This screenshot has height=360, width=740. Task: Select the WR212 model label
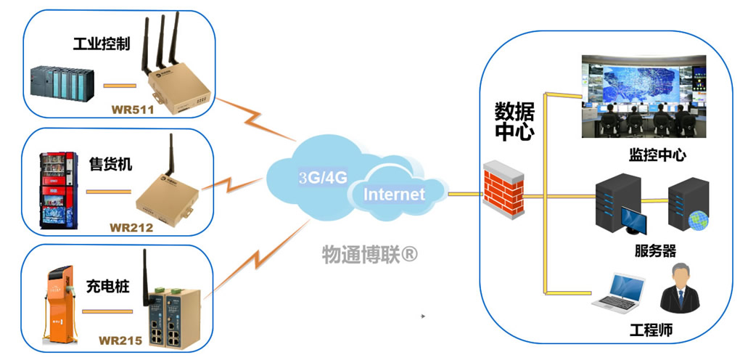pyautogui.click(x=128, y=227)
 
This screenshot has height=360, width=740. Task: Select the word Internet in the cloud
pyautogui.click(x=394, y=195)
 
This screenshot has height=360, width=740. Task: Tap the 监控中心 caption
pyautogui.click(x=657, y=155)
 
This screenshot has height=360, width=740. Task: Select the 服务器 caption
pyautogui.click(x=654, y=250)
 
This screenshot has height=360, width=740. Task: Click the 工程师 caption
pyautogui.click(x=651, y=331)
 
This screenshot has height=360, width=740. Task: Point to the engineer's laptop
pyautogui.click(x=617, y=294)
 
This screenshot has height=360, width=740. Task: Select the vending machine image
pyautogui.click(x=51, y=190)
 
